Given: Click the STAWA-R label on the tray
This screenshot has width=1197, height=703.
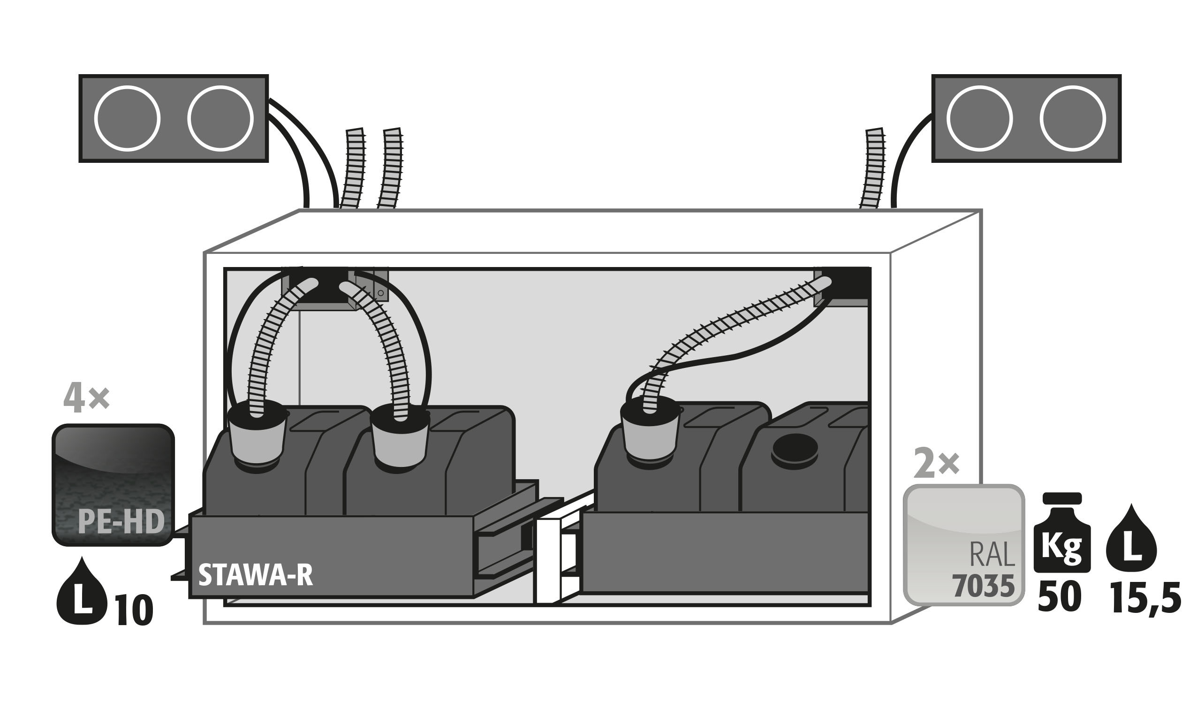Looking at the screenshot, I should click(x=255, y=575).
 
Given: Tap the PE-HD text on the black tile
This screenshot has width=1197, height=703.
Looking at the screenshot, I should click(x=121, y=521).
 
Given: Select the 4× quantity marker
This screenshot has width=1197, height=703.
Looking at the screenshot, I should click(x=86, y=399).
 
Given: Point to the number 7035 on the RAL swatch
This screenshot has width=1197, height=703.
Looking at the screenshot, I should click(x=983, y=586).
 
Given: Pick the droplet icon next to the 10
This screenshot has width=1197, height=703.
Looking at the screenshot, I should click(x=82, y=592).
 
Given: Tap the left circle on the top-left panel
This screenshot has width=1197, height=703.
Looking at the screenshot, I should click(x=127, y=118).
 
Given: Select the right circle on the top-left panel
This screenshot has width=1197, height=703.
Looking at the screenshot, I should click(x=220, y=118).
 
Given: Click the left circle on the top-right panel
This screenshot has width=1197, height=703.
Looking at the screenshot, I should click(x=979, y=118).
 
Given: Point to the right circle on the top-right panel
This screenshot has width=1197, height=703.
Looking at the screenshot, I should click(x=1073, y=118).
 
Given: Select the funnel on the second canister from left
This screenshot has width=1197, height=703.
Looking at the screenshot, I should click(x=400, y=440).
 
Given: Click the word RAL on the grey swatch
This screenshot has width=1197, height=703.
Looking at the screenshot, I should click(x=992, y=555).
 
